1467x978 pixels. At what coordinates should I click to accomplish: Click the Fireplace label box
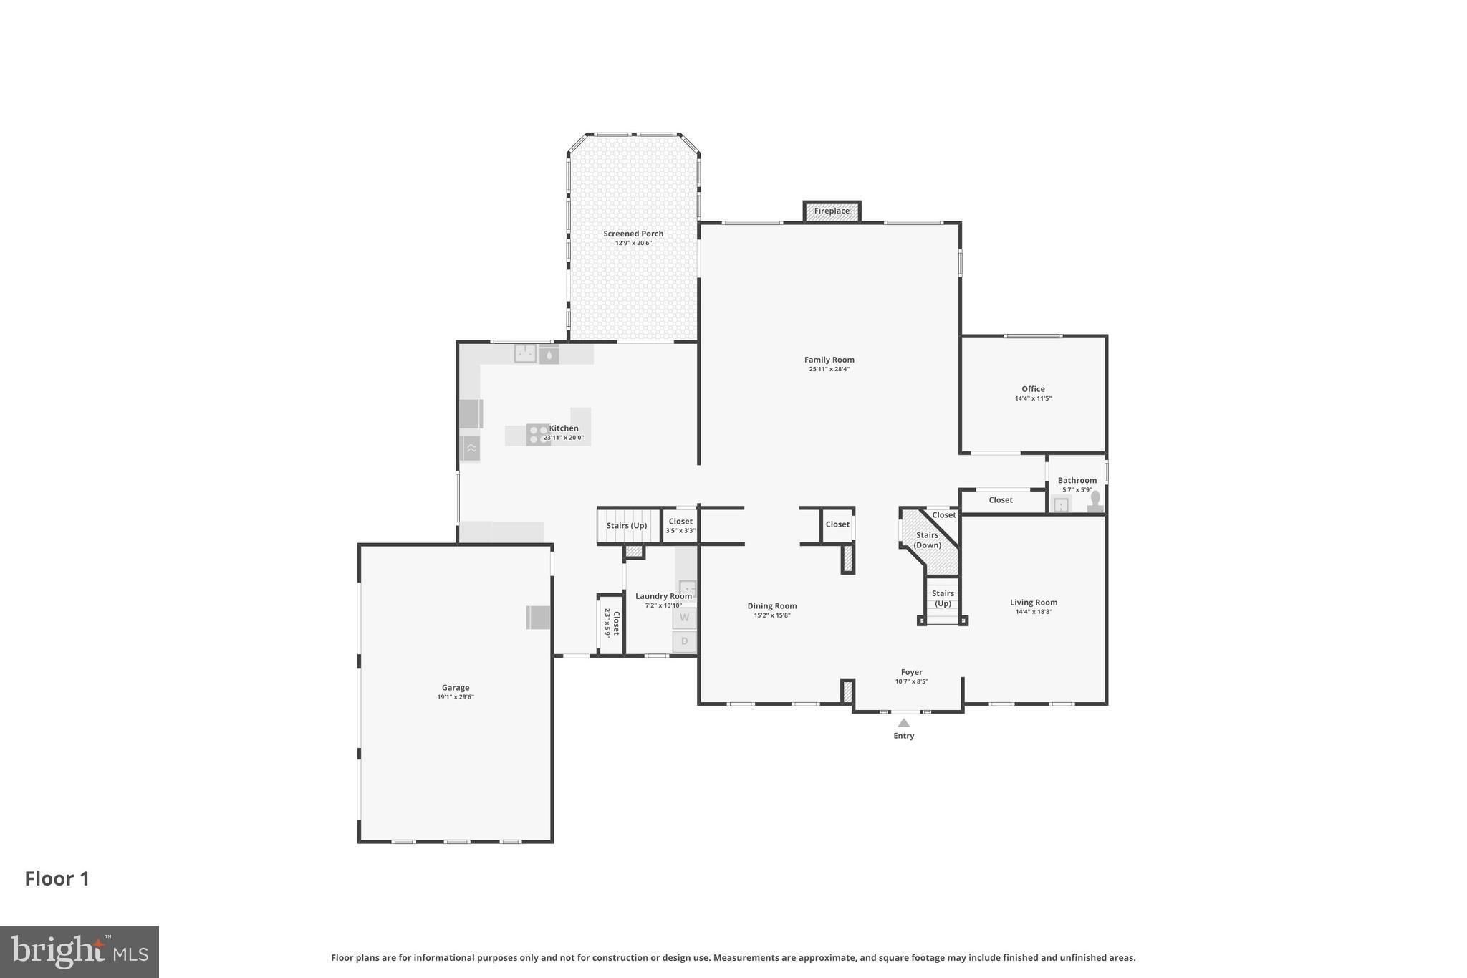pyautogui.click(x=832, y=211)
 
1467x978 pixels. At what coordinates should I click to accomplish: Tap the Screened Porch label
pyautogui.click(x=633, y=234)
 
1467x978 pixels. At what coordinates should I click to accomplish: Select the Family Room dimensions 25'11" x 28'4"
pyautogui.click(x=829, y=370)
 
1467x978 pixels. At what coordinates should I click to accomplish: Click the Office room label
pyautogui.click(x=1033, y=389)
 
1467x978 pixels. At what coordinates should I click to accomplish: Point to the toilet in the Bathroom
pyautogui.click(x=1095, y=501)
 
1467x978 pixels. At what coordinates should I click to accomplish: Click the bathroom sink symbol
pyautogui.click(x=1061, y=505)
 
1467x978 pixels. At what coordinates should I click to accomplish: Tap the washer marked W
pyautogui.click(x=684, y=618)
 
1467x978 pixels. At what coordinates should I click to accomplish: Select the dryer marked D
pyautogui.click(x=684, y=641)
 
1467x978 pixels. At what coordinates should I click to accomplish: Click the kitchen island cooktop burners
pyautogui.click(x=537, y=434)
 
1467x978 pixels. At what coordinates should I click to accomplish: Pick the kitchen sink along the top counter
pyautogui.click(x=525, y=353)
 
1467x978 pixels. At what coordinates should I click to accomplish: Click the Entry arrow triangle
pyautogui.click(x=904, y=723)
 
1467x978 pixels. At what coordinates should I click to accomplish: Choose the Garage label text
pyautogui.click(x=456, y=688)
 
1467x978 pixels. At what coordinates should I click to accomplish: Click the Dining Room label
pyautogui.click(x=772, y=606)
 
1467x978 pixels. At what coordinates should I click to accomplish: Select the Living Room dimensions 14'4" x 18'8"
pyautogui.click(x=1034, y=612)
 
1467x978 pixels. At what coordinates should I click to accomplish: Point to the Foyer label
pyautogui.click(x=911, y=672)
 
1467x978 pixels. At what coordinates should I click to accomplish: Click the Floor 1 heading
pyautogui.click(x=57, y=879)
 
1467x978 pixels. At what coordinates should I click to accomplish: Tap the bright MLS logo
pyautogui.click(x=79, y=951)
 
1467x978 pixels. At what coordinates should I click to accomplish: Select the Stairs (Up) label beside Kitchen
pyautogui.click(x=627, y=526)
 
